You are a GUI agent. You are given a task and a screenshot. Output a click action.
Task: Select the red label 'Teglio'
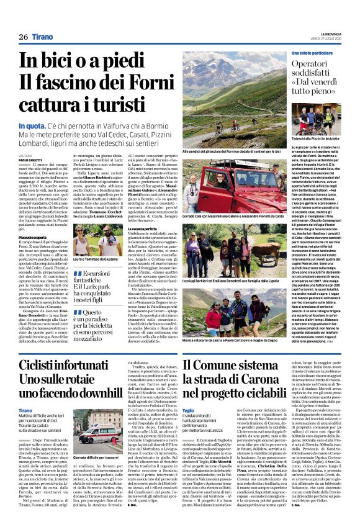[189, 412]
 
